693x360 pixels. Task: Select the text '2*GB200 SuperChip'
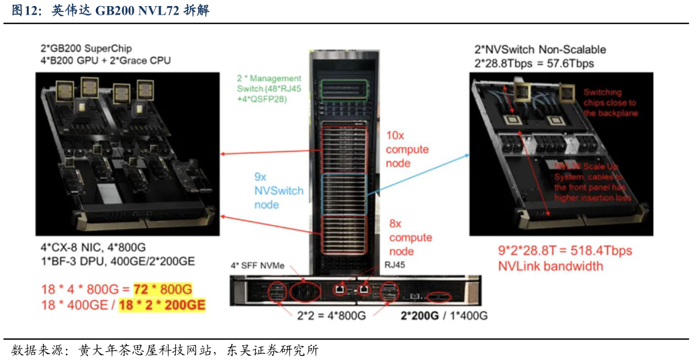[86, 48]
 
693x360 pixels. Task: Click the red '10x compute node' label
[407, 149]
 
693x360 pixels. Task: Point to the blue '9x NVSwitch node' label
[278, 191]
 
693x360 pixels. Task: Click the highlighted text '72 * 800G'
[163, 289]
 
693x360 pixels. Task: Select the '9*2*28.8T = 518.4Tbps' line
[565, 251]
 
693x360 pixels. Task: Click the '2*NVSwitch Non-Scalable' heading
[540, 49]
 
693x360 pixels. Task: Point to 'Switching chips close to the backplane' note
[609, 103]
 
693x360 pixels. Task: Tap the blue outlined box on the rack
[344, 195]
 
